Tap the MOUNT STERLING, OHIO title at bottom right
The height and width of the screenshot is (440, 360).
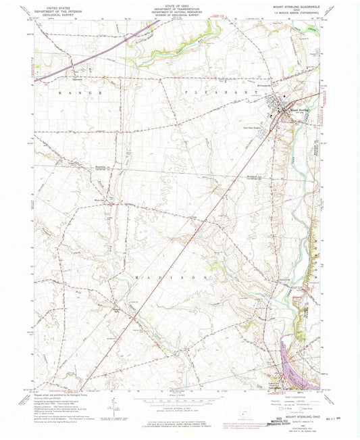(301, 398)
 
